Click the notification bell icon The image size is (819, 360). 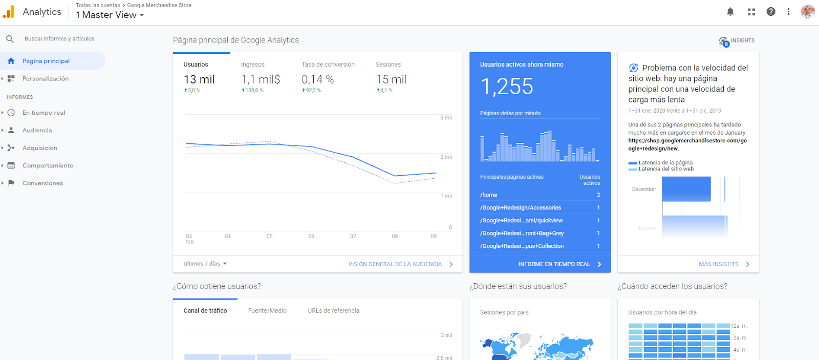pyautogui.click(x=730, y=12)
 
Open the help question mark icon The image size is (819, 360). pyautogui.click(x=771, y=12)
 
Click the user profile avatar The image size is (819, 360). pyautogui.click(x=808, y=12)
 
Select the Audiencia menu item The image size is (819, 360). pyautogui.click(x=37, y=131)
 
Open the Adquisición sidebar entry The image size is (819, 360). pyautogui.click(x=39, y=148)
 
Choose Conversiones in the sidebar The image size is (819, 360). pyautogui.click(x=42, y=183)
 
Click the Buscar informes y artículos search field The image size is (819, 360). pyautogui.click(x=59, y=39)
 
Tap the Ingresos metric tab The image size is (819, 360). pyautogui.click(x=253, y=65)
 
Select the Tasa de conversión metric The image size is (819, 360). pyautogui.click(x=328, y=65)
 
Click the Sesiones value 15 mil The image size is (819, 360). pyautogui.click(x=391, y=79)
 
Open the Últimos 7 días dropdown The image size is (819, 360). pyautogui.click(x=205, y=264)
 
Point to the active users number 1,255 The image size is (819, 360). pyautogui.click(x=507, y=87)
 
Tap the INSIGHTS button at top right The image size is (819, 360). pyautogui.click(x=737, y=41)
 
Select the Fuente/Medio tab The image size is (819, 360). pyautogui.click(x=267, y=311)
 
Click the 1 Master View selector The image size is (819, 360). pyautogui.click(x=110, y=15)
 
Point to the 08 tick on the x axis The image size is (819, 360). pyautogui.click(x=395, y=237)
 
